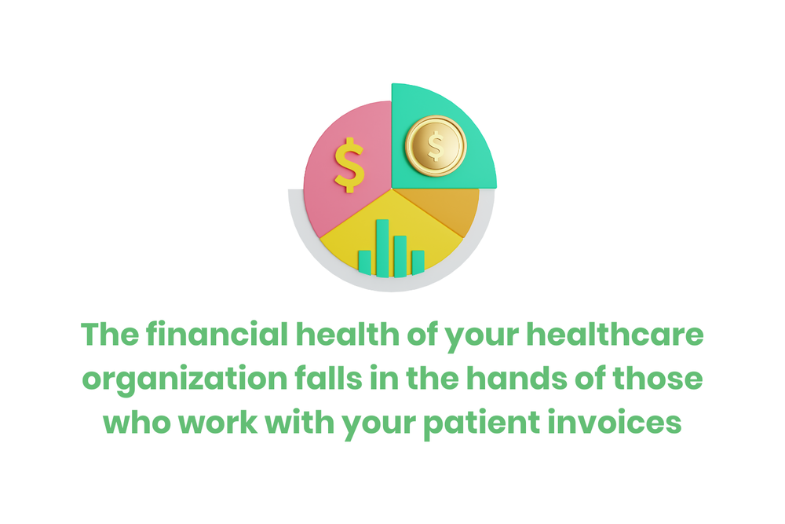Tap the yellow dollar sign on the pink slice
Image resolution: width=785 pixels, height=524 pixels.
coord(349,164)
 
